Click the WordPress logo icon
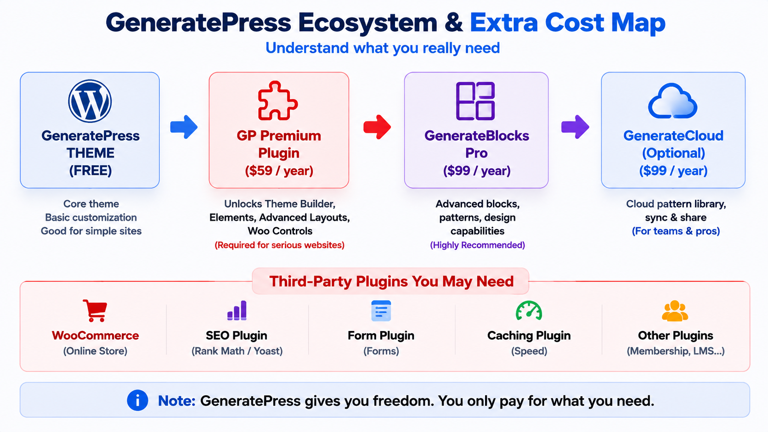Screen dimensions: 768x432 pyautogui.click(x=90, y=101)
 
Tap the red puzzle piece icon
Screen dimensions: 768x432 pyautogui.click(x=278, y=101)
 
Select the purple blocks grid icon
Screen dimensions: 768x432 pyautogui.click(x=475, y=101)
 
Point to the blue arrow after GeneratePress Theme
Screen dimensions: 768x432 pyautogui.click(x=184, y=127)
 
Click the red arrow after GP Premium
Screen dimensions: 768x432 pyautogui.click(x=377, y=127)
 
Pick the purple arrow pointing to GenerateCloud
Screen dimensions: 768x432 pyautogui.click(x=575, y=127)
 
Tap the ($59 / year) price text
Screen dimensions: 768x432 pyautogui.click(x=279, y=171)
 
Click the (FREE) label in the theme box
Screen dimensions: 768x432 pyautogui.click(x=90, y=170)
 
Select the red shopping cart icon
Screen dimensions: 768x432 pyautogui.click(x=95, y=311)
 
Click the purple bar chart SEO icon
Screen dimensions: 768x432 pyautogui.click(x=237, y=310)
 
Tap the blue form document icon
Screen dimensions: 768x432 pyautogui.click(x=381, y=311)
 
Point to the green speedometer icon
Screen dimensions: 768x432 pyautogui.click(x=529, y=311)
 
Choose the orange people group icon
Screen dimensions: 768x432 pyautogui.click(x=675, y=311)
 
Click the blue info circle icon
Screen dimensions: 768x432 pyautogui.click(x=137, y=400)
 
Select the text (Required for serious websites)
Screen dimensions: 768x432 pyautogui.click(x=279, y=245)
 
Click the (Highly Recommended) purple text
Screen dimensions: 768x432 pyautogui.click(x=477, y=245)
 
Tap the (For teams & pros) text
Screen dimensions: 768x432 pyautogui.click(x=675, y=231)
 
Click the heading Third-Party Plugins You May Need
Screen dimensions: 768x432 pyautogui.click(x=391, y=281)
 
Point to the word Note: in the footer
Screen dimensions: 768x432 pyautogui.click(x=176, y=400)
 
